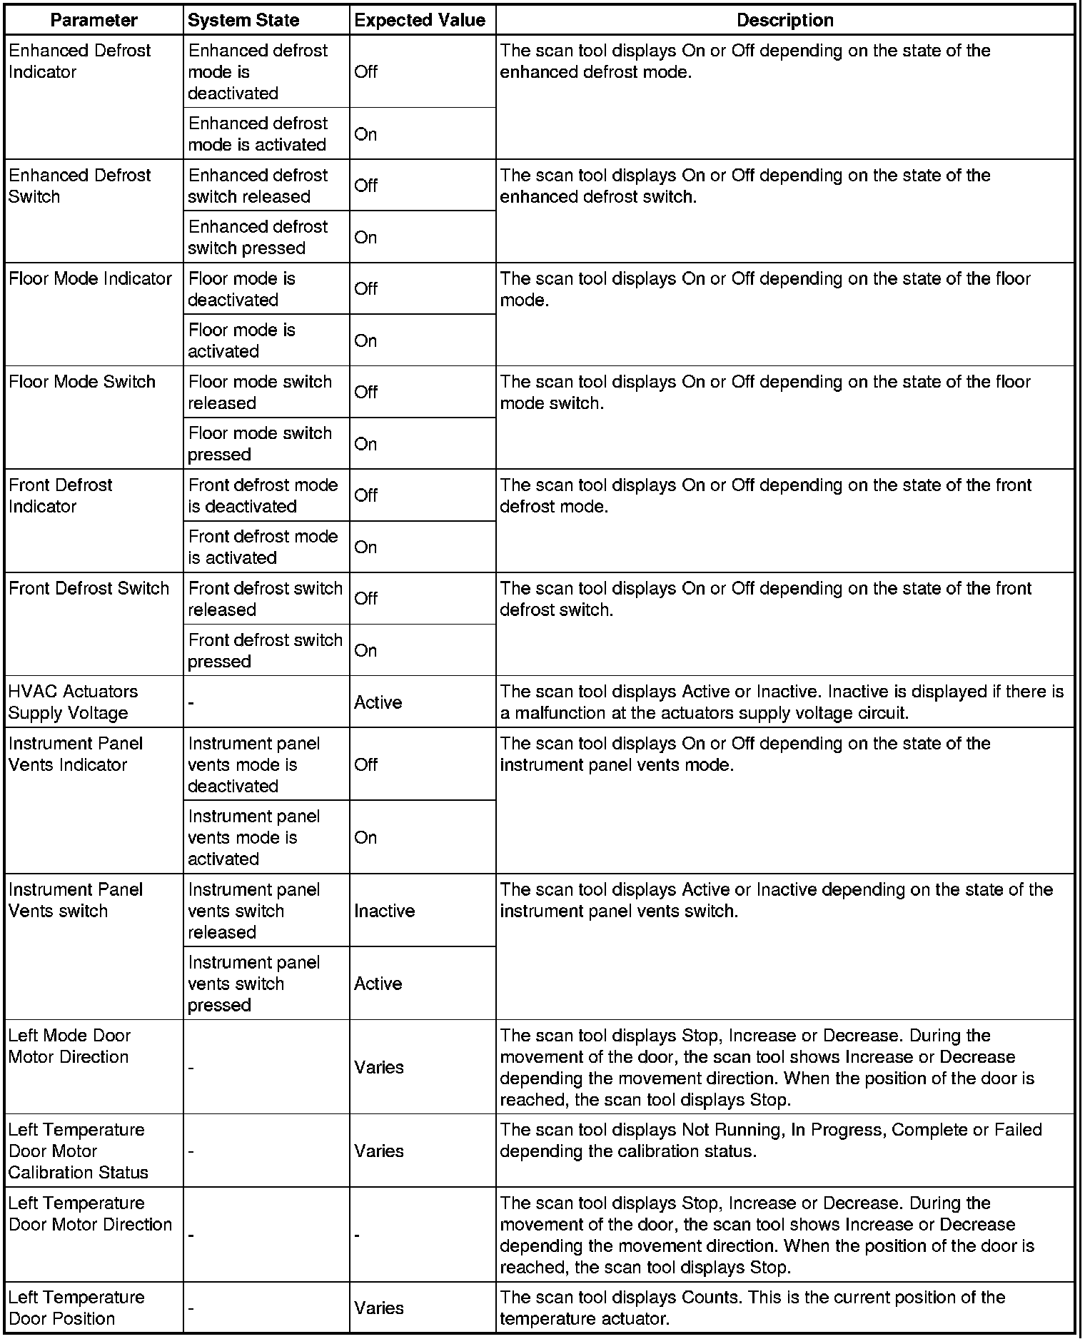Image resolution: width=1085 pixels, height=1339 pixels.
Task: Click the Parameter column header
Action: pos(94,20)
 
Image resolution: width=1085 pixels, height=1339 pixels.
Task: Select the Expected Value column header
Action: pos(420,20)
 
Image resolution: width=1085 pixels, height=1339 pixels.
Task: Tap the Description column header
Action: pos(784,20)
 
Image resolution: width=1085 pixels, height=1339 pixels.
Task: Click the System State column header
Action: pos(243,20)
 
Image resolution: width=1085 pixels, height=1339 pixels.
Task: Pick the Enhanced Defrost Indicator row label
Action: pos(79,61)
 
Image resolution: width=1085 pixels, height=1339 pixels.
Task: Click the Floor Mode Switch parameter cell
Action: pos(82,382)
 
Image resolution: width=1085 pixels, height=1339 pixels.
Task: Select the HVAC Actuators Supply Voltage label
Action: pos(73,702)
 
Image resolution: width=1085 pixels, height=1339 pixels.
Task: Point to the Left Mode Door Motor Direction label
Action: pos(69,1046)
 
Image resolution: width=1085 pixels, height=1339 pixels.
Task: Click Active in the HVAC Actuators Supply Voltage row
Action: pos(378,702)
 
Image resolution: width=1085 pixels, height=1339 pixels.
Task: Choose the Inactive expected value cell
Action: pos(384,911)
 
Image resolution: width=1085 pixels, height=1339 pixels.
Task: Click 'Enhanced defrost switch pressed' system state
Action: pos(258,237)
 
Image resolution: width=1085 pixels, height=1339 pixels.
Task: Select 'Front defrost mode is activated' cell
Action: pos(263,547)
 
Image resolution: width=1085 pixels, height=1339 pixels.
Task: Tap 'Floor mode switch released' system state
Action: pos(260,392)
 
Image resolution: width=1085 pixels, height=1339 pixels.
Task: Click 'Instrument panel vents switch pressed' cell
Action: pos(253,983)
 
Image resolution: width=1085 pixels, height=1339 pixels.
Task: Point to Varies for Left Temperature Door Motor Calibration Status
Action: pos(378,1151)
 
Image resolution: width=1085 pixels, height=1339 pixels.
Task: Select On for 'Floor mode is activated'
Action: pos(365,340)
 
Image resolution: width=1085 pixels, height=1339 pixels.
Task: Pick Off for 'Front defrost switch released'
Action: pos(365,598)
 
